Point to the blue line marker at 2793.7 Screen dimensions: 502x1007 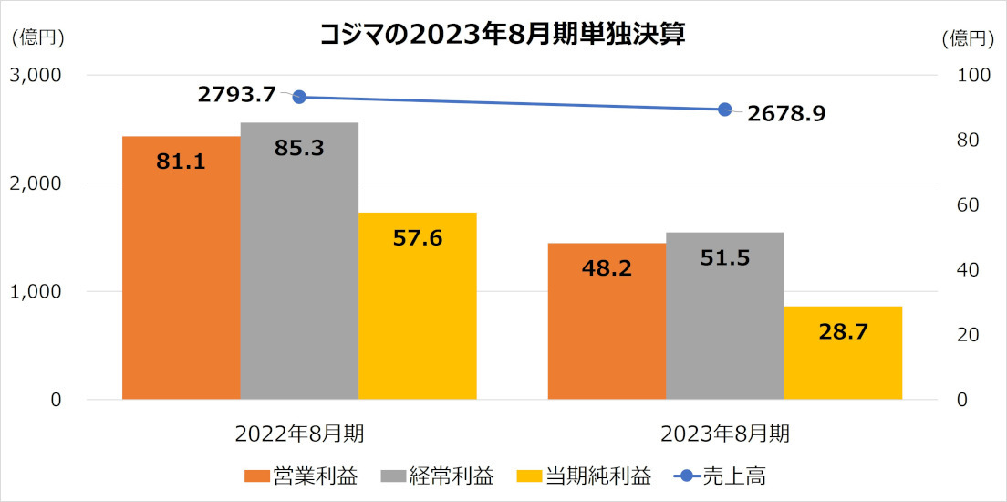[298, 97]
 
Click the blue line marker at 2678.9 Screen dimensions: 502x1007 [725, 110]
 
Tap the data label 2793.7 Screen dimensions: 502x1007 [236, 93]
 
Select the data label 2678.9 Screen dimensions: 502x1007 [786, 116]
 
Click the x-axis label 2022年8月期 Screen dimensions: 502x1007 [299, 432]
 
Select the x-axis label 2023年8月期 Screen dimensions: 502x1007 [725, 432]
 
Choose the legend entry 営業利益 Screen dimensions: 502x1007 [300, 476]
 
